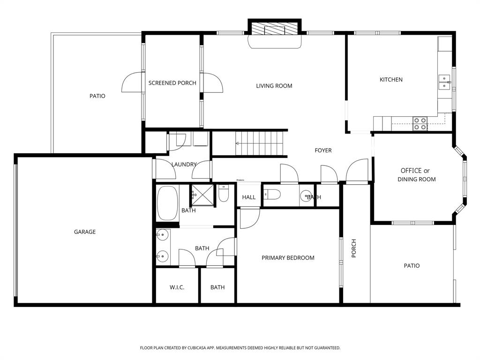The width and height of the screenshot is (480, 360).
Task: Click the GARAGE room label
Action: (x=85, y=232)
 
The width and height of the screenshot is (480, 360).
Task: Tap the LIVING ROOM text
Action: (x=274, y=86)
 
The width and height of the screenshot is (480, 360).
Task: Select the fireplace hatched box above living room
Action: (x=274, y=29)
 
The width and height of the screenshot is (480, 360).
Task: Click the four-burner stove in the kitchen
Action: (x=420, y=123)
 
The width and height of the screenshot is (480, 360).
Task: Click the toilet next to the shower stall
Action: (x=223, y=194)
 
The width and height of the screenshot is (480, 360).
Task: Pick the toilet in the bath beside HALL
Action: (x=272, y=195)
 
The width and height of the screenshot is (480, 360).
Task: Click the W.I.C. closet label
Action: (x=177, y=287)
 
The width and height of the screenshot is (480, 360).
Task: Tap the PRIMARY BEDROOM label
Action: (x=288, y=258)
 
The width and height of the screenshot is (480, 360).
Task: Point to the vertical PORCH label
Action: (x=354, y=248)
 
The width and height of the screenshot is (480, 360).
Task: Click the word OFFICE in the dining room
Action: (x=411, y=171)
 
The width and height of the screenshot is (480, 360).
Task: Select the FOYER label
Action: (x=323, y=150)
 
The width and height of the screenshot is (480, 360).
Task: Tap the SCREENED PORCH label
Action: (x=172, y=83)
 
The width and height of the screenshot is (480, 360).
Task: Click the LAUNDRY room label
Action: (x=183, y=165)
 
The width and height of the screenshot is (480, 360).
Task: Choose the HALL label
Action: (x=249, y=197)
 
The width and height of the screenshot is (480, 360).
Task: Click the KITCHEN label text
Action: (x=391, y=80)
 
